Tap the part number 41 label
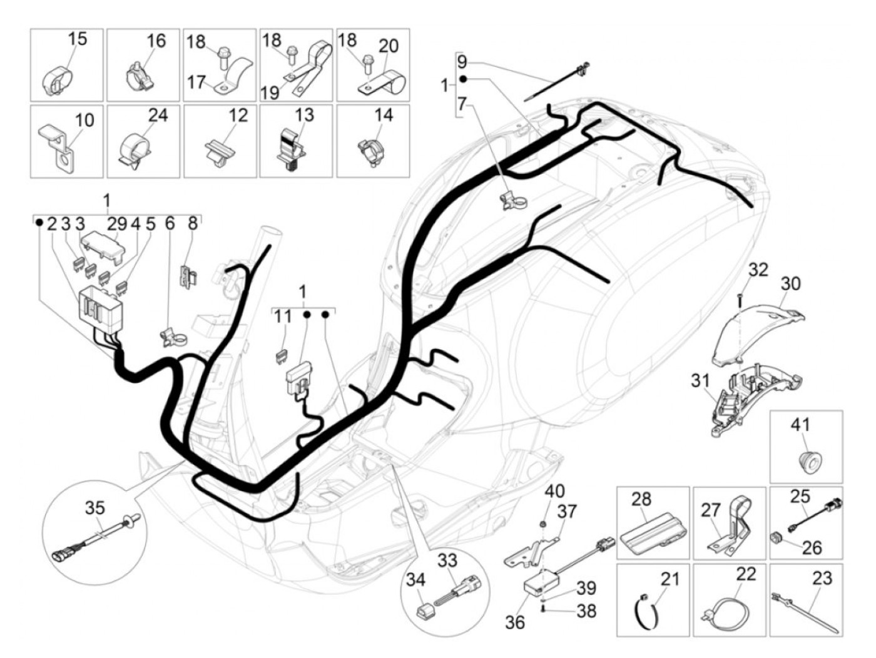tap(800, 425)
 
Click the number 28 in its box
tap(641, 500)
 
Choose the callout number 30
tap(791, 284)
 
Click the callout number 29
tap(116, 224)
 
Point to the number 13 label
tap(304, 116)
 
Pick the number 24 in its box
tap(158, 116)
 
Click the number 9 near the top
tap(462, 62)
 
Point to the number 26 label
tap(812, 548)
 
